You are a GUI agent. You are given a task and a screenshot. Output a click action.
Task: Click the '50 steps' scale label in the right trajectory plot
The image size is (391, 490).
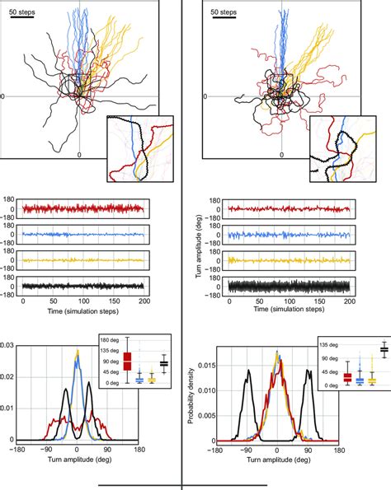tap(224, 14)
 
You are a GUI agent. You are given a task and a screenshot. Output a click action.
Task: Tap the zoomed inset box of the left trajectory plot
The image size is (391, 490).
tap(138, 147)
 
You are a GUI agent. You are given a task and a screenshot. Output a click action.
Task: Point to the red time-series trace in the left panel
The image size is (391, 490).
tap(82, 209)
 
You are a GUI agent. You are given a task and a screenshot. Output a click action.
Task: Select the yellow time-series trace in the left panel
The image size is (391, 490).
tap(82, 260)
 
